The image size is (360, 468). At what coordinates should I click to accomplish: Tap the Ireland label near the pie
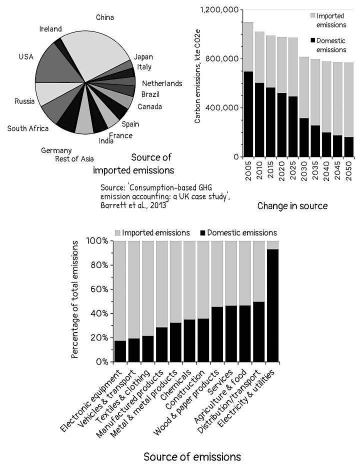50,29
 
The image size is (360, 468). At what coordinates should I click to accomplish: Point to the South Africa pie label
28,128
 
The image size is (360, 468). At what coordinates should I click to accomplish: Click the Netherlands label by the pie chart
162,83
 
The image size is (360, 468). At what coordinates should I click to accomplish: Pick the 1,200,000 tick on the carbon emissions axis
220,9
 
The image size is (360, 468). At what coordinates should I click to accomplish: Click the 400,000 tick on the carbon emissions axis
224,107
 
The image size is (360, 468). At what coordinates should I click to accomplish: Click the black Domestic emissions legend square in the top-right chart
312,40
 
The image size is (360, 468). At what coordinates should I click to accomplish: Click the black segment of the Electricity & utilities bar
272,305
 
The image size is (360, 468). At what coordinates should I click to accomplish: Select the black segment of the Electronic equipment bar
120,350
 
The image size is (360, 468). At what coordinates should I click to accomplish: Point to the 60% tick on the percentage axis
99,289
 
